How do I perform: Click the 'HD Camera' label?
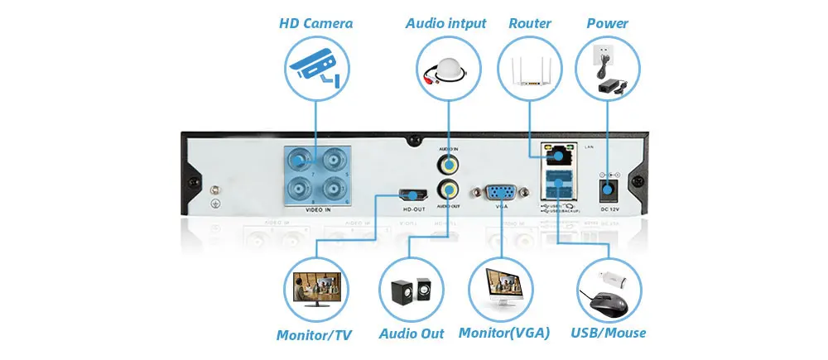pyautogui.click(x=315, y=23)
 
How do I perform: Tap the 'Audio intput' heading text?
pyautogui.click(x=445, y=23)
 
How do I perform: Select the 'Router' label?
pyautogui.click(x=530, y=23)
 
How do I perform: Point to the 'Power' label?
pyautogui.click(x=607, y=23)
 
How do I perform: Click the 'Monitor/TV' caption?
pyautogui.click(x=314, y=335)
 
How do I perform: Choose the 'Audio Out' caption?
pyautogui.click(x=412, y=334)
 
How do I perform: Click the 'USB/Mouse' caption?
pyautogui.click(x=609, y=334)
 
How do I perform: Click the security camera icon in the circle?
pyautogui.click(x=315, y=67)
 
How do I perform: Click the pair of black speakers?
pyautogui.click(x=411, y=290)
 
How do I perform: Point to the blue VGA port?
pyautogui.click(x=502, y=193)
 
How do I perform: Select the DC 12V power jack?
pyautogui.click(x=609, y=191)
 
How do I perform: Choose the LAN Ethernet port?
pyautogui.click(x=557, y=153)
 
